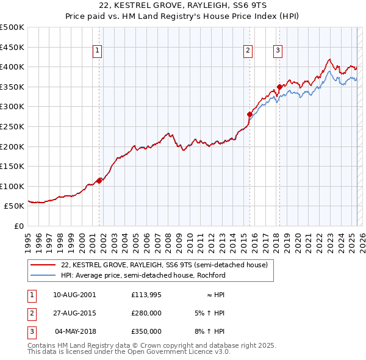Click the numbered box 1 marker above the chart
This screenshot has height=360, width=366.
(98, 51)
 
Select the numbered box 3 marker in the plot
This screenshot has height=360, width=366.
(278, 51)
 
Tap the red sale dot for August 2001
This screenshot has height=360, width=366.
(99, 180)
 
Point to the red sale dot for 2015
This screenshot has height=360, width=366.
(249, 113)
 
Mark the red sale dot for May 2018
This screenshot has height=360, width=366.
(279, 87)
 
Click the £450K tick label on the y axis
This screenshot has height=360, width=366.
(12, 47)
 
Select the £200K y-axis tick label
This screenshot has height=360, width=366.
(12, 146)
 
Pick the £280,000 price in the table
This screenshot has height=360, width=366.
(146, 313)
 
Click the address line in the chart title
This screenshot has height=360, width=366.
(183, 5)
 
